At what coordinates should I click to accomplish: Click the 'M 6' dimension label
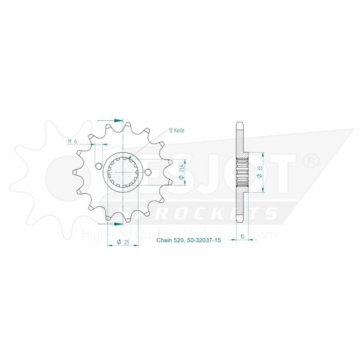pos(72,141)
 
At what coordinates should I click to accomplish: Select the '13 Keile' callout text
pos(176,131)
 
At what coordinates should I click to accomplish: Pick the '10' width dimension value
pos(241,237)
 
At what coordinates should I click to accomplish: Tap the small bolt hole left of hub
pos(98,165)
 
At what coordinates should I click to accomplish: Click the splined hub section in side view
pos(241,172)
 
